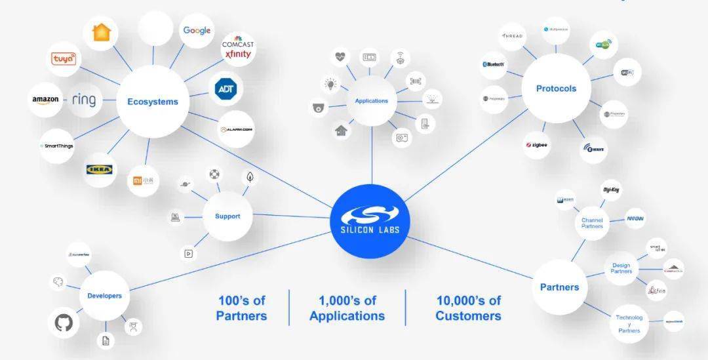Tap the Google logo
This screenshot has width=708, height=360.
click(x=197, y=30)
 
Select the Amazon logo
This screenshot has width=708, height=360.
click(x=45, y=100)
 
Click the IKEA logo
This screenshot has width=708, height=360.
click(x=100, y=169)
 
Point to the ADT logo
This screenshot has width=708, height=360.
click(x=226, y=89)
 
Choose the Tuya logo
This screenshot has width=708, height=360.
click(x=64, y=59)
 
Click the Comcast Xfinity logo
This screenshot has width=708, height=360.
click(x=237, y=49)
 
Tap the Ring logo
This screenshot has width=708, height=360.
click(x=84, y=100)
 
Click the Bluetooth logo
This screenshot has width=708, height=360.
click(x=494, y=64)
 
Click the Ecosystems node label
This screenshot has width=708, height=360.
click(x=153, y=102)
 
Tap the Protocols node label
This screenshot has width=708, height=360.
click(x=556, y=89)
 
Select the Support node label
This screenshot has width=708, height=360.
click(x=227, y=216)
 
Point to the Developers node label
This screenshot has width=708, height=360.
click(x=105, y=296)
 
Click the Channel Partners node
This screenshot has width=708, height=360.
click(x=592, y=223)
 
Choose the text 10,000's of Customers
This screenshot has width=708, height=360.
click(x=468, y=308)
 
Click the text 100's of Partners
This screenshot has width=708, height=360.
click(x=241, y=308)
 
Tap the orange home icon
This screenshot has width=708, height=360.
click(x=102, y=31)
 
